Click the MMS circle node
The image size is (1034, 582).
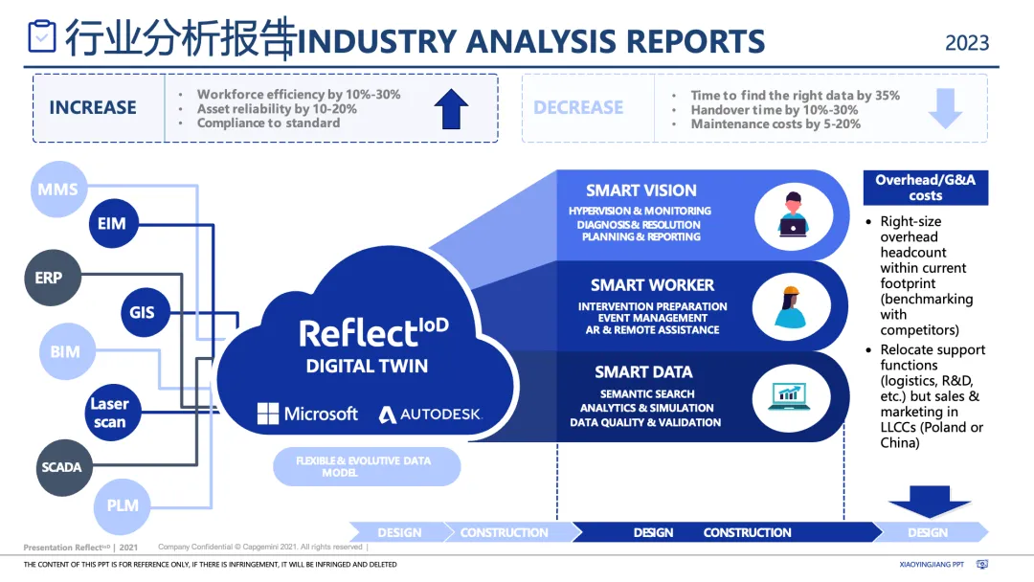58,190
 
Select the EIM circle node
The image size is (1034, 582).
111,224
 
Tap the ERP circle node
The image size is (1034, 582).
49,278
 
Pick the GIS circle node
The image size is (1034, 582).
142,312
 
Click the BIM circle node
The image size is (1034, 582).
65,351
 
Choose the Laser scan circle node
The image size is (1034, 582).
109,413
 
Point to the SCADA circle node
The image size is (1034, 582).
61,468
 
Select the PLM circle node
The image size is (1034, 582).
123,504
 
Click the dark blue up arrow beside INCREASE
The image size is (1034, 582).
451,109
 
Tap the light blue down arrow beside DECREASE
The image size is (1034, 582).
945,108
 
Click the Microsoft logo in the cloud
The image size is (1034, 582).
306,414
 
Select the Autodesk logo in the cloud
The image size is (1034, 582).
430,414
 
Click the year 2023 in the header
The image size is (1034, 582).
967,43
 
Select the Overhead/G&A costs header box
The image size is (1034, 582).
926,188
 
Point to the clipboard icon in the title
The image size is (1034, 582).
42,36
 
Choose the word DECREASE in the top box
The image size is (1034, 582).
578,107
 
